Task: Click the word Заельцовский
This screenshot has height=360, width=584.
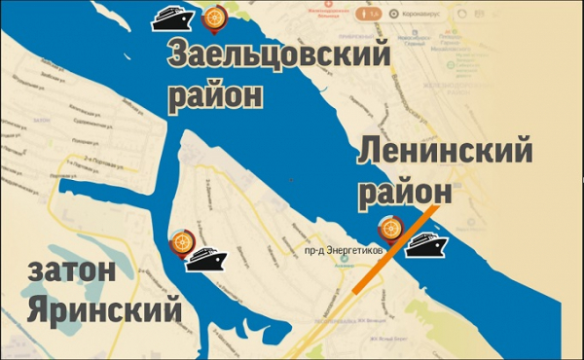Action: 279,56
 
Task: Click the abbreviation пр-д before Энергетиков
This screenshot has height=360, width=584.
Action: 314,251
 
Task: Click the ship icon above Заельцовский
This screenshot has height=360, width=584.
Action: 175,18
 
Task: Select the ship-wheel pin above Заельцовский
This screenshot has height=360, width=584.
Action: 212,17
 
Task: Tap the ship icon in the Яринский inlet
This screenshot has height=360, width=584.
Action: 206,259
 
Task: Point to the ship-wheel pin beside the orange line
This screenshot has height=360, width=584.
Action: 389,229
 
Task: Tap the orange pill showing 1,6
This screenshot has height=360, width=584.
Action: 370,15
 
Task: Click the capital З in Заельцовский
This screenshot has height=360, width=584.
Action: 179,56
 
